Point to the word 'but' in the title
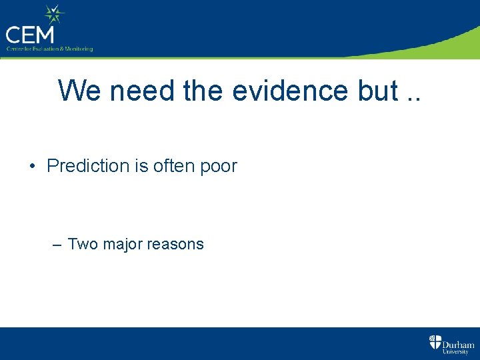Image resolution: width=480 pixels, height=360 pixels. [x=376, y=91]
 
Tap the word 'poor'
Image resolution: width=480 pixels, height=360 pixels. [x=219, y=167]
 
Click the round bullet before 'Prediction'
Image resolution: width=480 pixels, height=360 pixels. [x=33, y=167]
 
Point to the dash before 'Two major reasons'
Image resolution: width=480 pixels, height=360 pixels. [x=57, y=245]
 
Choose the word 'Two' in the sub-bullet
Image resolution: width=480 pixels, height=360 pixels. [x=83, y=244]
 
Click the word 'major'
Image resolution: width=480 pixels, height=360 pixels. [x=122, y=245]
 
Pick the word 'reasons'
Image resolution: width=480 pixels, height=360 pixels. [x=175, y=245]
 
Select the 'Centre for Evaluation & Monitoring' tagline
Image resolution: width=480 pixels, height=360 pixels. [x=49, y=49]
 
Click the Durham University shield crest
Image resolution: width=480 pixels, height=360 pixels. [x=435, y=343]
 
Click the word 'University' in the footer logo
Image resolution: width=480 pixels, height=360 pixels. [x=457, y=352]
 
